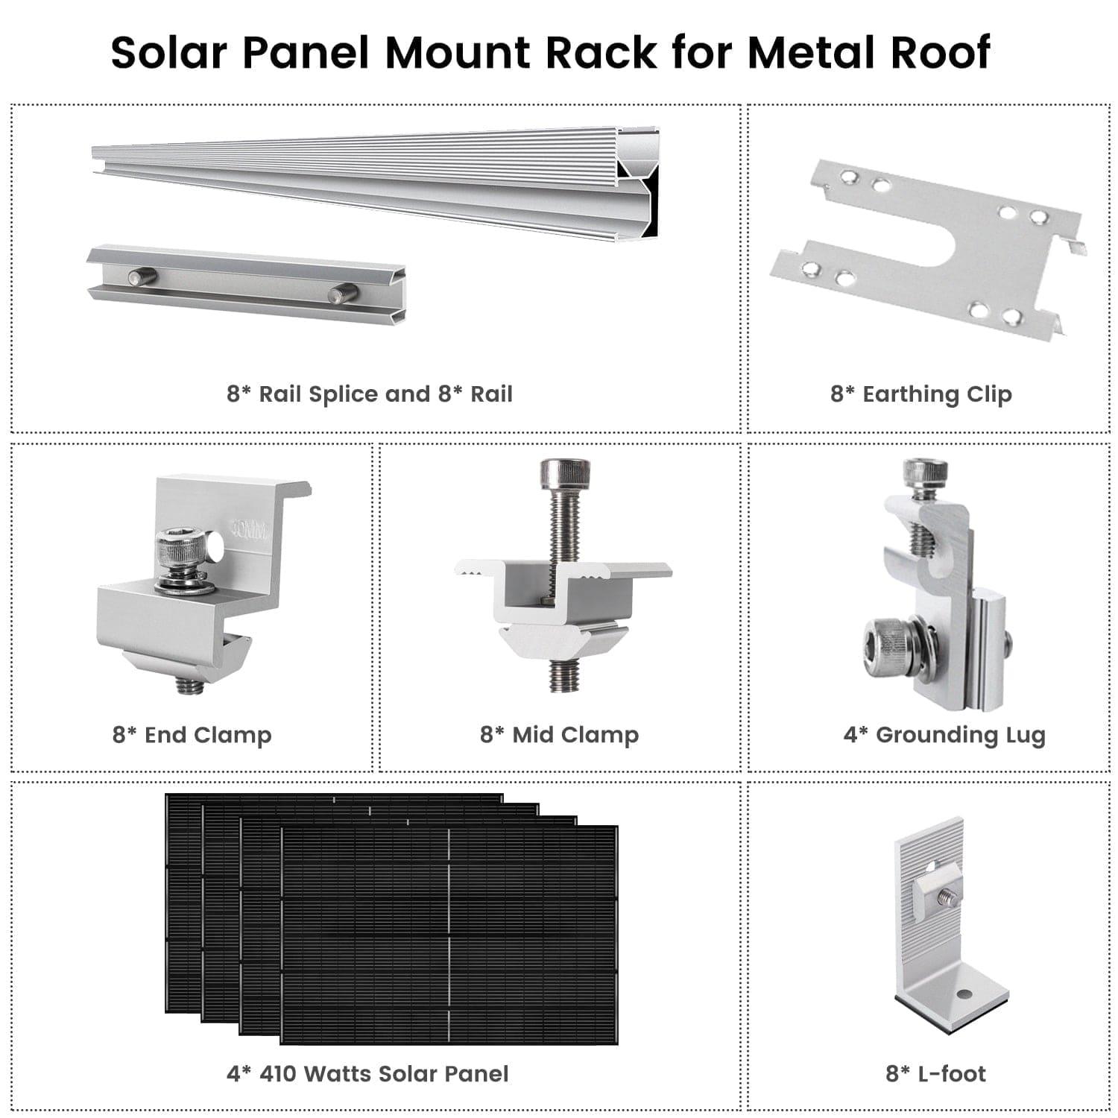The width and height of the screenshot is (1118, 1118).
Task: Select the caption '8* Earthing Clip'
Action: click(x=921, y=394)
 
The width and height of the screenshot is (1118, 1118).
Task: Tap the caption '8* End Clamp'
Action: click(x=192, y=735)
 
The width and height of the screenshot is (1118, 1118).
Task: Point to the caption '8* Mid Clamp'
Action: click(x=560, y=735)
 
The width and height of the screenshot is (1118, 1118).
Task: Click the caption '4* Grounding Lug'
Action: click(x=944, y=735)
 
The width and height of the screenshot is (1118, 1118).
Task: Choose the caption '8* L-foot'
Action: click(x=935, y=1074)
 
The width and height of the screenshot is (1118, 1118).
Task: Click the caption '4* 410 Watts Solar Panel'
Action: click(x=367, y=1074)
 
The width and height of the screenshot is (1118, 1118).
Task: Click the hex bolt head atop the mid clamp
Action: click(x=564, y=472)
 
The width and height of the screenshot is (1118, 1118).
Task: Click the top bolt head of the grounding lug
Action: click(x=925, y=472)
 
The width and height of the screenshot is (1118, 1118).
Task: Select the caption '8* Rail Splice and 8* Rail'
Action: click(x=370, y=394)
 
